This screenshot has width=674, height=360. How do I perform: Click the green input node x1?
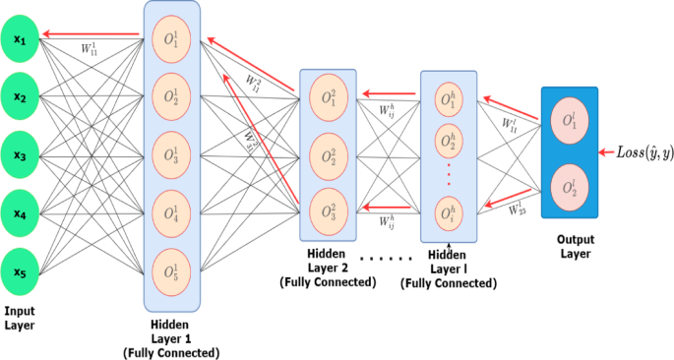pos(20,40)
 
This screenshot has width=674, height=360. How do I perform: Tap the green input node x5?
pos(20,268)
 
